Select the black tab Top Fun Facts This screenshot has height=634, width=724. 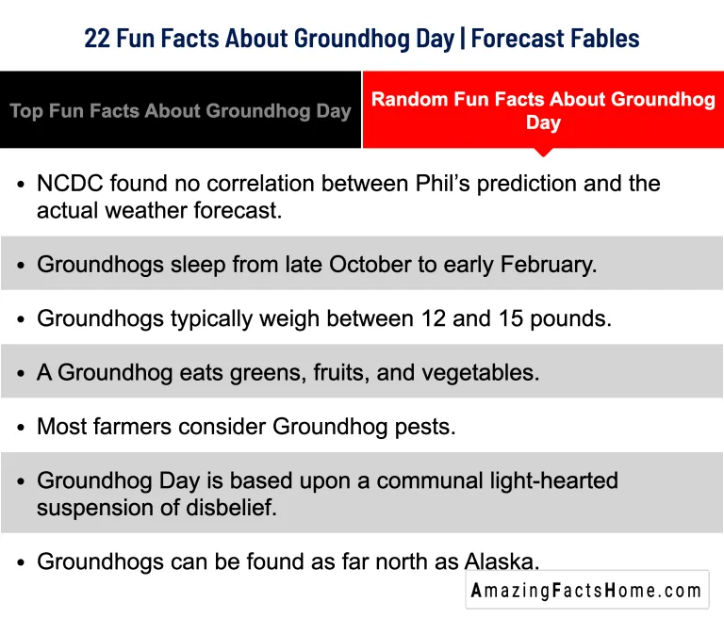(180, 110)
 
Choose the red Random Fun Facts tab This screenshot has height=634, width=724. (543, 110)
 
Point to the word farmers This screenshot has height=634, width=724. (127, 427)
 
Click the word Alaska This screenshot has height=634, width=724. (502, 562)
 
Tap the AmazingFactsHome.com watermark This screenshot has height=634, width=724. (586, 591)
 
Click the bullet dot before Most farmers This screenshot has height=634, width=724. (21, 428)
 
